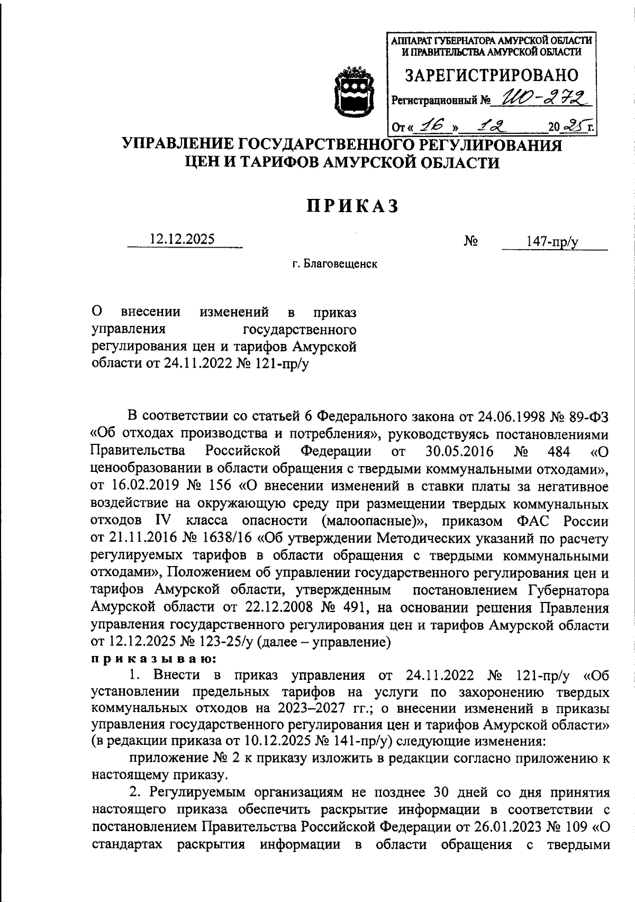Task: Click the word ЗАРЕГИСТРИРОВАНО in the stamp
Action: point(492,75)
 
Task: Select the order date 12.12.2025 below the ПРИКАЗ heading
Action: point(183,240)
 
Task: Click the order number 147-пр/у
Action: point(552,242)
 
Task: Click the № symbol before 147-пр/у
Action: point(471,241)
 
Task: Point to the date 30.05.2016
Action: point(459,451)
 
